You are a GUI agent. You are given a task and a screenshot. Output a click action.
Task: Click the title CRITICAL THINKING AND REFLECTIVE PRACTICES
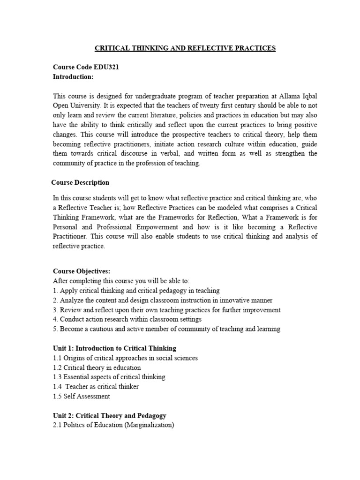[x=185, y=48]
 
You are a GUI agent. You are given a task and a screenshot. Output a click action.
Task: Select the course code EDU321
[x=106, y=67]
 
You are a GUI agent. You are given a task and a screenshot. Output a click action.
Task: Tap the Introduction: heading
[x=73, y=76]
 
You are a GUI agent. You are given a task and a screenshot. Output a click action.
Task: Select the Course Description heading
[x=80, y=182]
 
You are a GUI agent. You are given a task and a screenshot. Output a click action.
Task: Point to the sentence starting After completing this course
[x=121, y=281]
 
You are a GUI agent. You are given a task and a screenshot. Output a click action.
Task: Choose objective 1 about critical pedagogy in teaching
[x=136, y=291]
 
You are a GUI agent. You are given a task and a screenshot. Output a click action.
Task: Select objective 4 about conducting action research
[x=127, y=319]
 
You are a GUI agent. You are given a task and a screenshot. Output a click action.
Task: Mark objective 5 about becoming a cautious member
[x=166, y=329]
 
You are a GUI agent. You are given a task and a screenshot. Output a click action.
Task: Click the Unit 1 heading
[x=115, y=348]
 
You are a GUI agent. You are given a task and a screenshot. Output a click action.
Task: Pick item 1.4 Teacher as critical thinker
[x=96, y=387]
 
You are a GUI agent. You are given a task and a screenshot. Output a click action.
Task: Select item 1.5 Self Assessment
[x=82, y=397]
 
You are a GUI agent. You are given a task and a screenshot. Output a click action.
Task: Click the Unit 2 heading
[x=110, y=416]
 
